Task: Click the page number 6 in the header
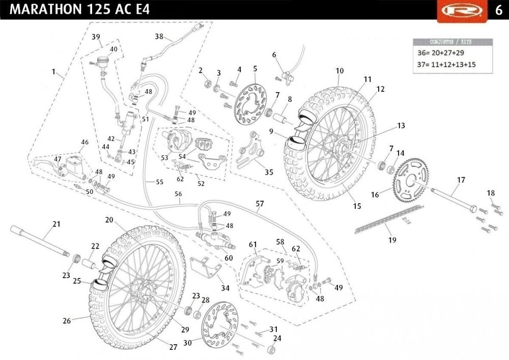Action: click(x=499, y=10)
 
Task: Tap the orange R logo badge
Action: click(x=462, y=11)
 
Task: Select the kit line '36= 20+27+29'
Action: click(x=440, y=52)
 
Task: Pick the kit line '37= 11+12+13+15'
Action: click(x=446, y=64)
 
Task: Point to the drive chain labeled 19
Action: click(x=389, y=219)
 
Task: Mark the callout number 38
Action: click(x=159, y=36)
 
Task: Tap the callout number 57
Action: click(x=260, y=204)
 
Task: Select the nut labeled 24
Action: click(x=271, y=350)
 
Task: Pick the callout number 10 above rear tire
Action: click(x=340, y=70)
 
